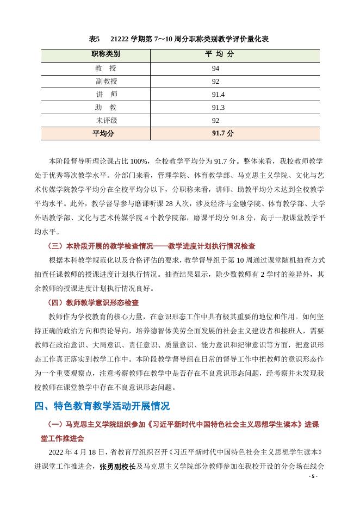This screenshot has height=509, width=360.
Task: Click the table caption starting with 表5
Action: click(179, 39)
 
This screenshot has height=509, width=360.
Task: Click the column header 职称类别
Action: click(105, 54)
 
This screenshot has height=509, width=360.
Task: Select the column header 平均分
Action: click(219, 54)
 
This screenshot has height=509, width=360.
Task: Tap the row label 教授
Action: click(105, 68)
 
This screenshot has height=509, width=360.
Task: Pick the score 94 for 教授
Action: click(216, 68)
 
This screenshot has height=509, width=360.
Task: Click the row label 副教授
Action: click(106, 81)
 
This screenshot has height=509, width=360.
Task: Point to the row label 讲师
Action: click(105, 94)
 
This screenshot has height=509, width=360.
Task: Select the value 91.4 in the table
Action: click(218, 94)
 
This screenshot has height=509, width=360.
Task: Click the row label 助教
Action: click(105, 107)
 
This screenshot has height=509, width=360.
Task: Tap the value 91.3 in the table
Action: click(218, 107)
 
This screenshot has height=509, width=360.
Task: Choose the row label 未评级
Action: click(106, 120)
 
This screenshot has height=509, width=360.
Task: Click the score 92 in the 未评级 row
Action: click(216, 120)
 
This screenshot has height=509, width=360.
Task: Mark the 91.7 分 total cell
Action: click(222, 133)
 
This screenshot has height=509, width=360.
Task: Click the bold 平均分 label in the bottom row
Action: click(103, 133)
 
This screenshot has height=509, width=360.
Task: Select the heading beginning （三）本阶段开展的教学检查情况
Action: click(152, 246)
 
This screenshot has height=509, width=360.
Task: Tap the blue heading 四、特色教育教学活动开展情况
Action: click(102, 406)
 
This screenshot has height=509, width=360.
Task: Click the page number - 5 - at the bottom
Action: click(313, 477)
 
